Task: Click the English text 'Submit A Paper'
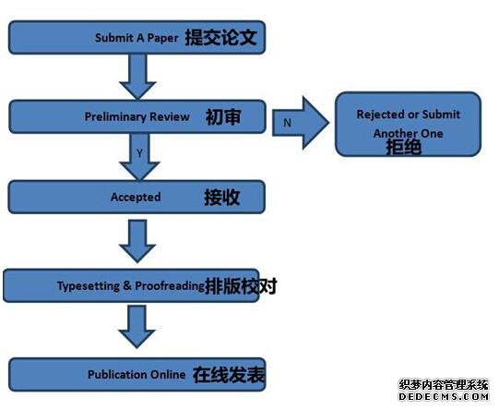[x=137, y=38]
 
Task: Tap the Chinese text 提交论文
[x=220, y=37]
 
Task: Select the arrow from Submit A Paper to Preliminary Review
[x=137, y=77]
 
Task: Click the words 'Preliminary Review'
[x=137, y=116]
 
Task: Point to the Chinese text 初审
[x=223, y=116]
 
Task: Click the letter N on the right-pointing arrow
[x=288, y=123]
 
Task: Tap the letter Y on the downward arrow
[x=139, y=153]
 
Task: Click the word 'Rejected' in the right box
[x=378, y=115]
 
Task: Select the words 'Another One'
[x=408, y=133]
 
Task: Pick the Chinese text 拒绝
[x=404, y=147]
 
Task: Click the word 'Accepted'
[x=136, y=198]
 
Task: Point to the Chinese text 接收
[x=221, y=198]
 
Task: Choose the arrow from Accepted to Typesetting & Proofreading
[x=137, y=241]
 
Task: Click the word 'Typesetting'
[x=89, y=285]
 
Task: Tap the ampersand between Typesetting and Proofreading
[x=127, y=285]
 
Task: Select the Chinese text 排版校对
[x=241, y=286]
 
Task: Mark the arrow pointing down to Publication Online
[x=137, y=327]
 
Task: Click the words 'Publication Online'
[x=137, y=374]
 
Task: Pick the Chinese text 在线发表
[x=229, y=375]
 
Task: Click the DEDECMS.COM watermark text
[x=444, y=397]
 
